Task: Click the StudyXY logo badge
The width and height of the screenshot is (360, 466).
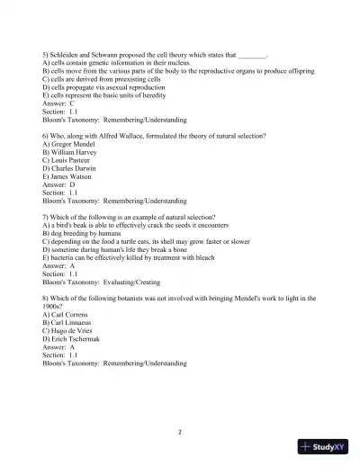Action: pos(323,446)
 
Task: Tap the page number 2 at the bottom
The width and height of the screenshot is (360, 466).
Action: pos(180,432)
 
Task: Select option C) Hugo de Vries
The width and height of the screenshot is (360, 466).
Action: pos(74,330)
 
